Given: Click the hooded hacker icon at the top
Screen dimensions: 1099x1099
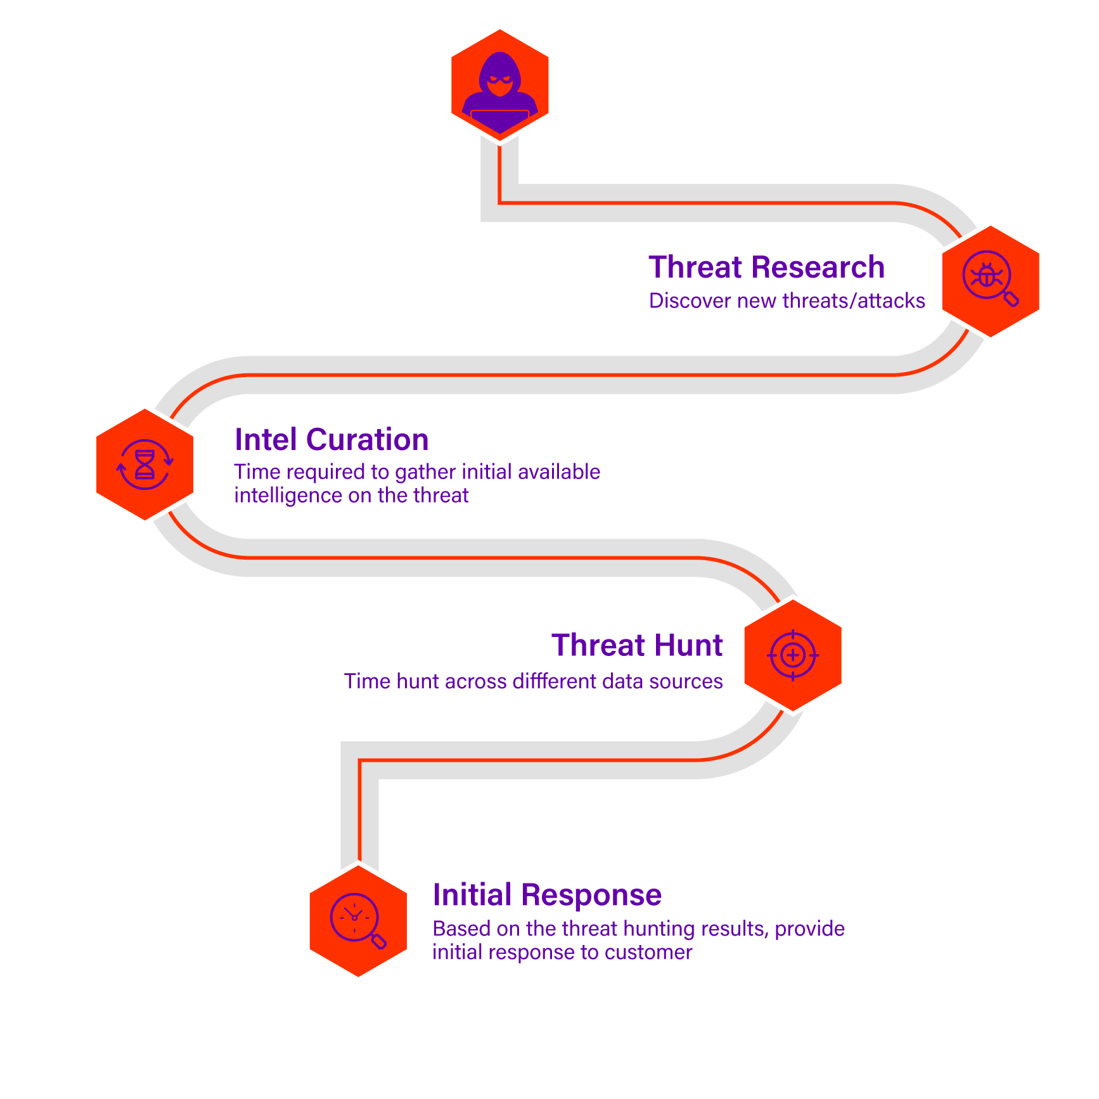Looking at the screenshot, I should click(500, 84).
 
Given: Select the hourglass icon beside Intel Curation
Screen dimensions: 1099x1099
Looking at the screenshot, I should click(145, 465).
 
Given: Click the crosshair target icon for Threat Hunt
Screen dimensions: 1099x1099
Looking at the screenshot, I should click(793, 655).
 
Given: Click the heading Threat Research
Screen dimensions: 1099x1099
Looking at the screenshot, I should click(766, 267).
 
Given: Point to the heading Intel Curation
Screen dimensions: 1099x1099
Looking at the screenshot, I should click(331, 440).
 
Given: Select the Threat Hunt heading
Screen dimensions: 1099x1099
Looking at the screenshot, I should click(637, 645).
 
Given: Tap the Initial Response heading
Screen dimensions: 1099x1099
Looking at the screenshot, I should click(547, 895).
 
